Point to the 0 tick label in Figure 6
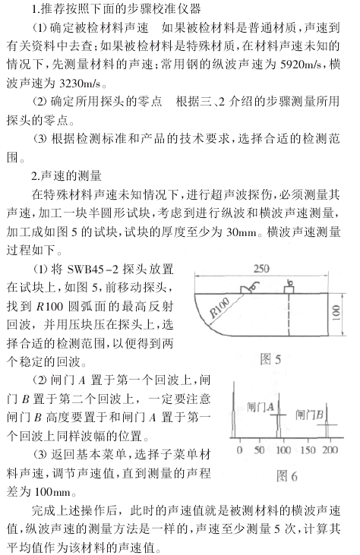[x=239, y=449]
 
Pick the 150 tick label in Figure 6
[x=308, y=449]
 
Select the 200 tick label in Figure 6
[x=329, y=449]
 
